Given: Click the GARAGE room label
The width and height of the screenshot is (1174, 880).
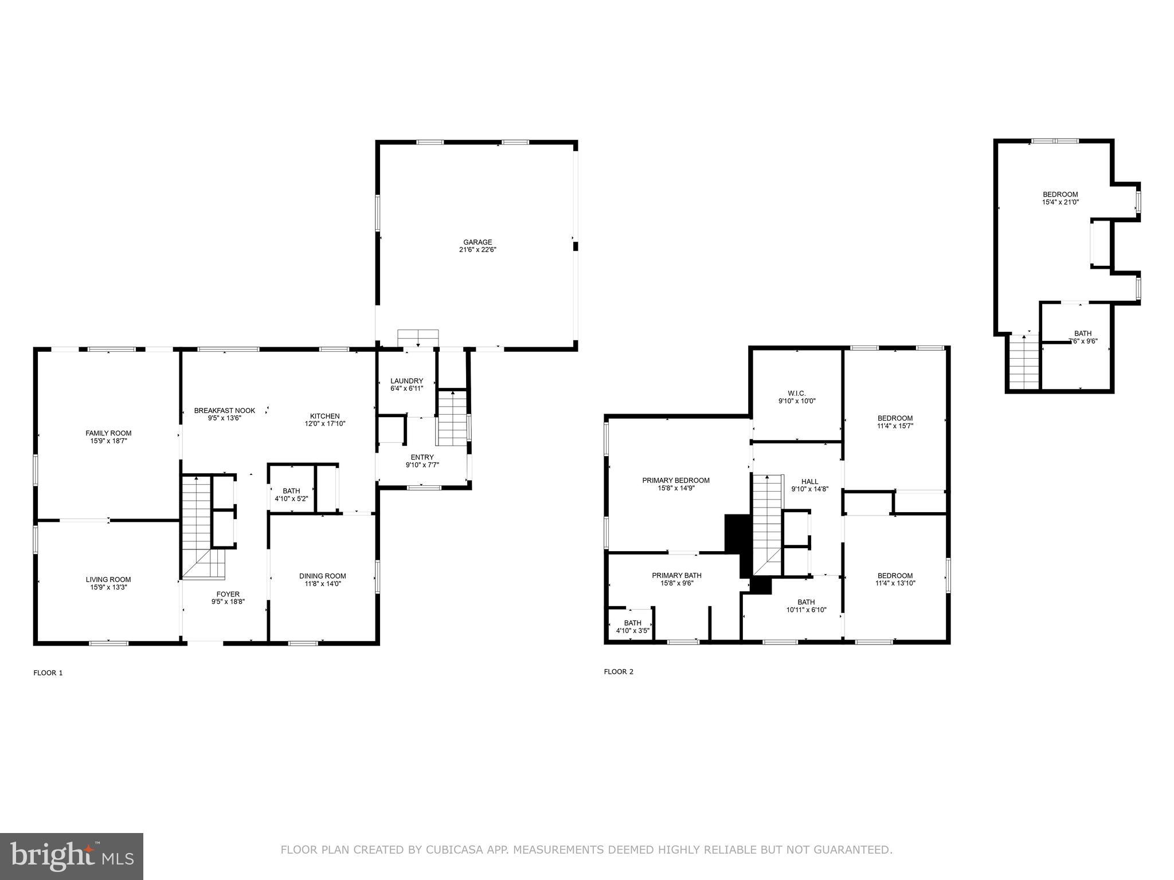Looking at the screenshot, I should click(478, 242).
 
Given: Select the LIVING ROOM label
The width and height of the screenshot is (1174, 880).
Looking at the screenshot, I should click(108, 579).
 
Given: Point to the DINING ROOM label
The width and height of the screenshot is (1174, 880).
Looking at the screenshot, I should click(322, 576).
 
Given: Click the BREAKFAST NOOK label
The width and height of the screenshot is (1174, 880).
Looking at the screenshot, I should click(224, 411).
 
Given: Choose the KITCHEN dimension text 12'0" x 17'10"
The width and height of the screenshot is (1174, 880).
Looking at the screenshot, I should click(325, 424).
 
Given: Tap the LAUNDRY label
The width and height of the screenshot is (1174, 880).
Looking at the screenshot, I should click(406, 381).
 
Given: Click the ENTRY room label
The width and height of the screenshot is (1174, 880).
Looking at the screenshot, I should click(422, 457).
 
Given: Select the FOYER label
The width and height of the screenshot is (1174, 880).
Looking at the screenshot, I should click(228, 594).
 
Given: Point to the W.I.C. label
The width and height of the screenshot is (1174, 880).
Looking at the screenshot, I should click(796, 393).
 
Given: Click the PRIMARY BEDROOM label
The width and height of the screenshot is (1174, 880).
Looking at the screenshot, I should click(676, 481).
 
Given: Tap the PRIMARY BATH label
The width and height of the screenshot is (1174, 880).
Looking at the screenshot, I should click(676, 576).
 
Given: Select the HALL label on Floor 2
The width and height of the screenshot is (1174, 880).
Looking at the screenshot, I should click(809, 482).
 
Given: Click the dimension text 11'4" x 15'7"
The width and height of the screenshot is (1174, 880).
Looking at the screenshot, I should click(895, 426).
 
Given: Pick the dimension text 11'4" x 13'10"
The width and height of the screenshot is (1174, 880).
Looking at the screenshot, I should click(895, 584).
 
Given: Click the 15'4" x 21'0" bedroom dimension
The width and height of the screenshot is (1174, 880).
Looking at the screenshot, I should click(1060, 202).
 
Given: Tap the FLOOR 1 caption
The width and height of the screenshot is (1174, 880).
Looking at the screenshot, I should click(48, 673).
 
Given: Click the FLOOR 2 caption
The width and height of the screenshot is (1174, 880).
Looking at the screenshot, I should click(619, 672).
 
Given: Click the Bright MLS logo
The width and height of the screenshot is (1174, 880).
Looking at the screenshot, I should click(72, 856).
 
